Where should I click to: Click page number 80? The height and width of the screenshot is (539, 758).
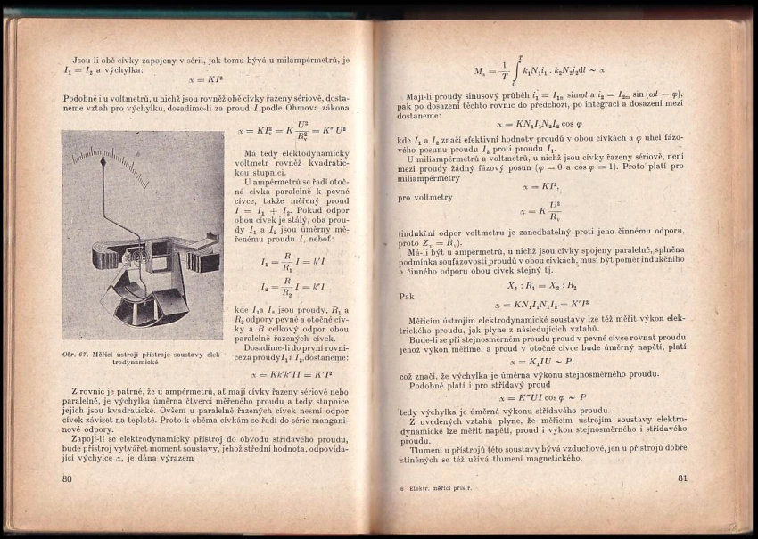(x=67, y=479)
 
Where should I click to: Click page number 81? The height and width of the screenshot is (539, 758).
(x=684, y=478)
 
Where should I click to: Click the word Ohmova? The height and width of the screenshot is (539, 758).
(x=314, y=107)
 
